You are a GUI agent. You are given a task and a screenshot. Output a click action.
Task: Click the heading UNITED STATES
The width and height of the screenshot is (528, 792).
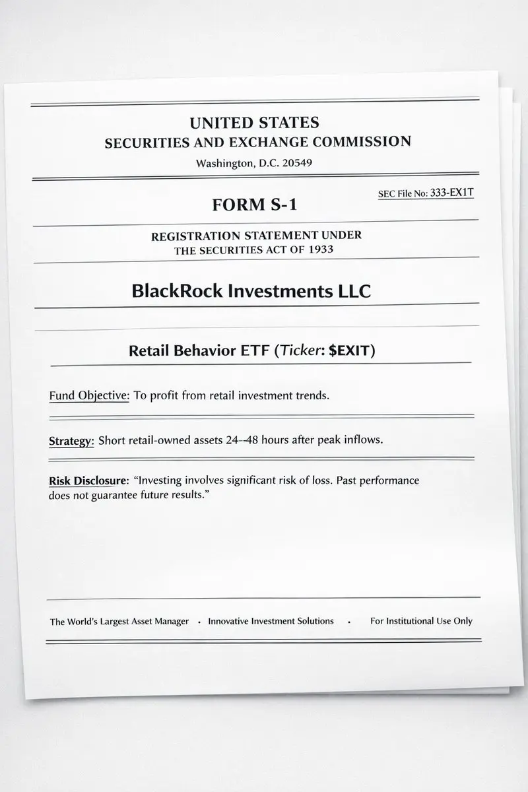pyautogui.click(x=254, y=123)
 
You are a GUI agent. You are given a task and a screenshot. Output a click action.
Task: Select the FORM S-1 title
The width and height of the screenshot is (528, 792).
pyautogui.click(x=255, y=205)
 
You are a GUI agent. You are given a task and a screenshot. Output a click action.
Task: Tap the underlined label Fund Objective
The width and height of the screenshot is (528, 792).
pyautogui.click(x=89, y=396)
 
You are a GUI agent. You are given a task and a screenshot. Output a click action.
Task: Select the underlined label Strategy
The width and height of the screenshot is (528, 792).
pyautogui.click(x=71, y=441)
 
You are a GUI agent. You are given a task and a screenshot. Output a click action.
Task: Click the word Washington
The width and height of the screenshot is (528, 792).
pyautogui.click(x=224, y=164)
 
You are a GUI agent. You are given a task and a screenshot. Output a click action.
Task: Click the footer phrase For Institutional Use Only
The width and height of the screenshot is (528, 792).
pyautogui.click(x=421, y=621)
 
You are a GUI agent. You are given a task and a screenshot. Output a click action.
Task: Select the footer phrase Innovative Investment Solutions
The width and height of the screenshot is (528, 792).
pyautogui.click(x=271, y=621)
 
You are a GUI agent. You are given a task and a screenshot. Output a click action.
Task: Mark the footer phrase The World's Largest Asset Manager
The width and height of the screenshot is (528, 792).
pyautogui.click(x=119, y=622)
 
